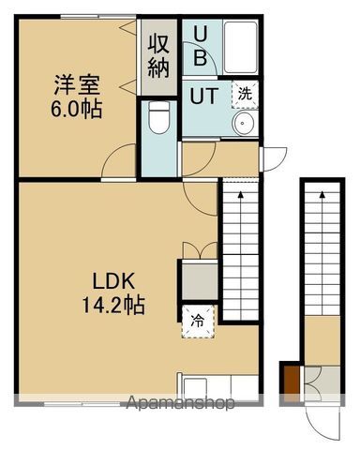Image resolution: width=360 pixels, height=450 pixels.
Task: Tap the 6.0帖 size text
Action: tap(77, 108)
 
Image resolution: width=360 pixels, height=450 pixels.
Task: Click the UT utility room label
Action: tap(204, 96)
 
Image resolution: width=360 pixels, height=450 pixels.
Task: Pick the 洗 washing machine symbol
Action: tap(244, 94)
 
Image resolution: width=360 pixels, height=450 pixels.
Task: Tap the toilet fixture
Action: tap(158, 120)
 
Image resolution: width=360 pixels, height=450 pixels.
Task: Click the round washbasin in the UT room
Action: tap(245, 127)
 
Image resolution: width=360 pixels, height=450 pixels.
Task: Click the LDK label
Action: tap(114, 279)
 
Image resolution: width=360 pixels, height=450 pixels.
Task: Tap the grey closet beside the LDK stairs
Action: tap(199, 279)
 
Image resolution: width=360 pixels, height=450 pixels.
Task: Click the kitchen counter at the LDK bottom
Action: tap(217, 385)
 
